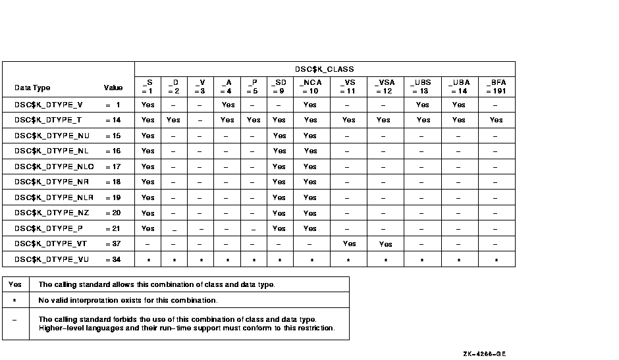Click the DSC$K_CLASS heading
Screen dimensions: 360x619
325,69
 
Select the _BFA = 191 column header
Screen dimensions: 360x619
497,86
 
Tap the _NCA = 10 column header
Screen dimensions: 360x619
311,86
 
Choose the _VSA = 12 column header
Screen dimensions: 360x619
384,86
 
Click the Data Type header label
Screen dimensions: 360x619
32,88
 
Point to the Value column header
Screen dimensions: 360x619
113,88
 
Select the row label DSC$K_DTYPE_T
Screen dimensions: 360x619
48,120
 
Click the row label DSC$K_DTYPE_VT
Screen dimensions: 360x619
51,244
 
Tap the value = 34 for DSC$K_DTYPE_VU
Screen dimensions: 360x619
113,259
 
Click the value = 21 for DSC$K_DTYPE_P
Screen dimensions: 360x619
113,228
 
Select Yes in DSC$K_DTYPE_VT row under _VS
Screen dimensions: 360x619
349,244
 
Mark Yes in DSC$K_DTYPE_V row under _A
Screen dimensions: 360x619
228,105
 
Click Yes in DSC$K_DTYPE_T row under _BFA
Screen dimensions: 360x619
497,120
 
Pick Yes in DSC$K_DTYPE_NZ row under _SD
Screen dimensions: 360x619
279,213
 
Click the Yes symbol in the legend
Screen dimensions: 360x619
14,285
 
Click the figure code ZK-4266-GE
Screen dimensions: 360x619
485,353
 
